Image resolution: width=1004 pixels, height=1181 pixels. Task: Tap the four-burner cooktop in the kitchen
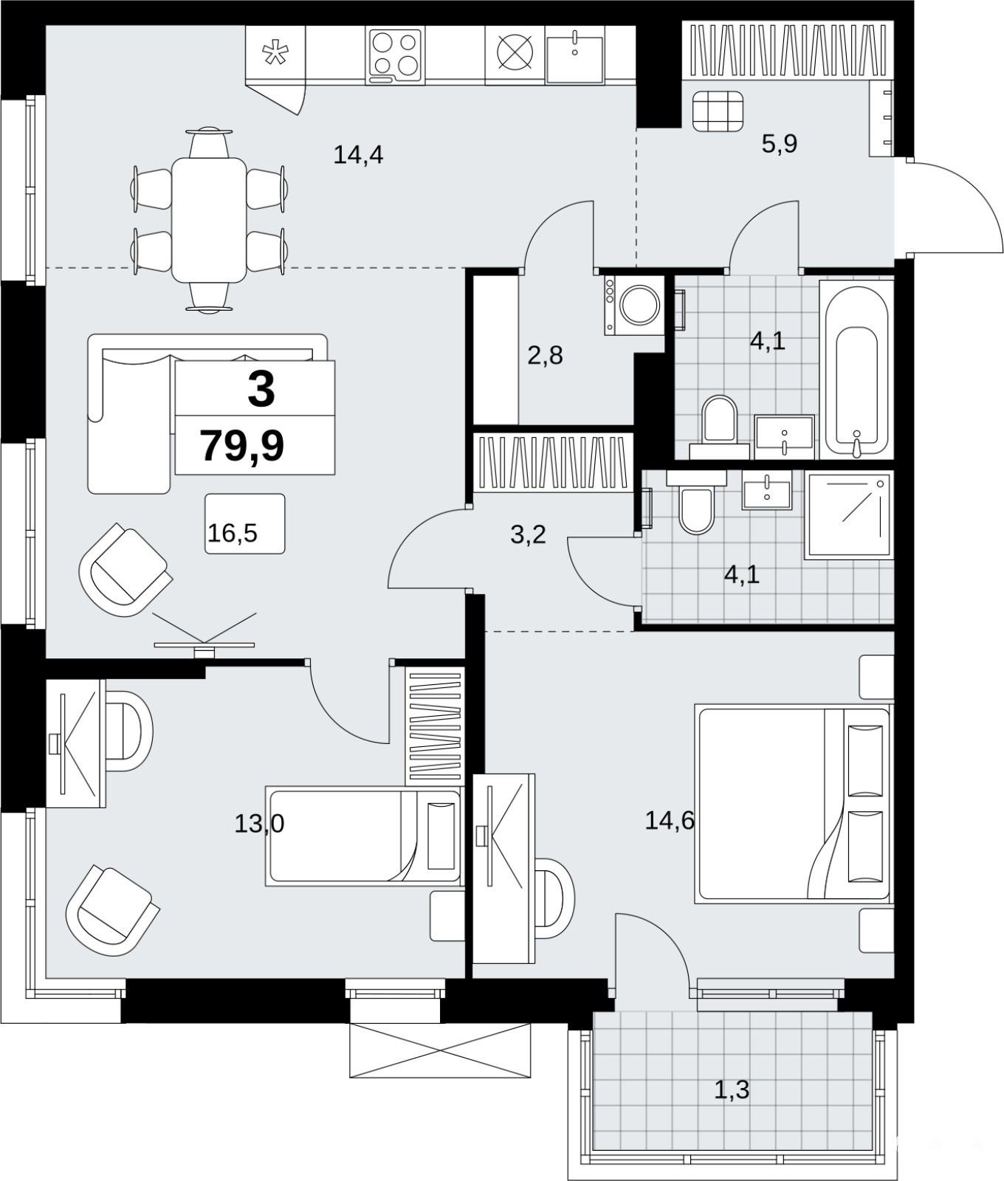395,55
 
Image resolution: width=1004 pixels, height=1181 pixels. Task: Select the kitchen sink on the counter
574,56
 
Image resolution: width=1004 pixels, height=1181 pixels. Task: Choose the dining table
209,219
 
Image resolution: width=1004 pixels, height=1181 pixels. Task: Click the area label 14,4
358,155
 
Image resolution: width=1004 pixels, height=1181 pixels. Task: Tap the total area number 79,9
242,446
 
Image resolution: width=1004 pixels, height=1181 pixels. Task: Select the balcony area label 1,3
732,1089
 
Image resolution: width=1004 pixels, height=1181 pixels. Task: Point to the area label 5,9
780,142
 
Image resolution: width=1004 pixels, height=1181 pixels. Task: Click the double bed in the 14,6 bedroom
792,805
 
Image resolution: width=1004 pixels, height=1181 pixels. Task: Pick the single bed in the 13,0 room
363,836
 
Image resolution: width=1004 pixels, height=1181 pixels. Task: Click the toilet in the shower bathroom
696,502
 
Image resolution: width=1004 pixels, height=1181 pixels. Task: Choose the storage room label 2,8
545,356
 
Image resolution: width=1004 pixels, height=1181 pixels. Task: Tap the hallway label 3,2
528,534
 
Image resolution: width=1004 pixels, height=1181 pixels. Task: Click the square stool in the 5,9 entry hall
718,111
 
